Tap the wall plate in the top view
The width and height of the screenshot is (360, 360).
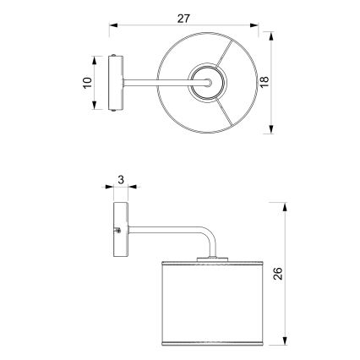tap(117, 83)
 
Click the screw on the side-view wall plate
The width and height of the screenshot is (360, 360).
tap(117, 230)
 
